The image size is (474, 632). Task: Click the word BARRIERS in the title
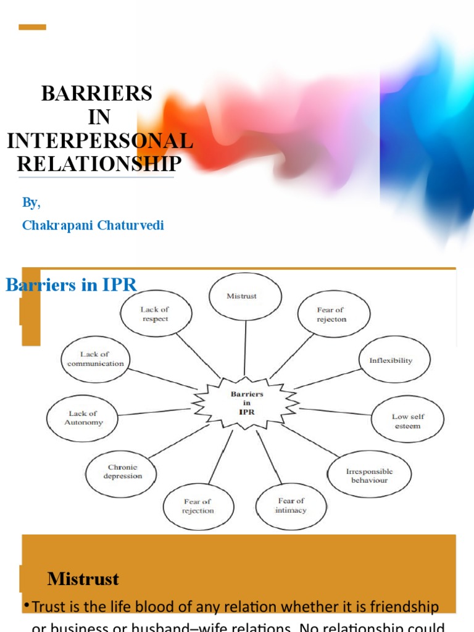(96, 94)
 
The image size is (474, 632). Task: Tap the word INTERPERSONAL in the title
(100, 141)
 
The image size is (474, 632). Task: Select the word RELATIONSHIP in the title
(99, 164)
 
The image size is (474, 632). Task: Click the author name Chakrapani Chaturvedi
(93, 225)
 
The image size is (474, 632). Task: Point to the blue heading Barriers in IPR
(71, 285)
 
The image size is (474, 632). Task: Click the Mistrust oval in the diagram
(245, 296)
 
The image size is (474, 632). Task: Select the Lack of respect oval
(154, 314)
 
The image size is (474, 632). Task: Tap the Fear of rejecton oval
(334, 315)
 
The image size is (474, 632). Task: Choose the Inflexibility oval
(394, 360)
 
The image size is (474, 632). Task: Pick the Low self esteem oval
(408, 421)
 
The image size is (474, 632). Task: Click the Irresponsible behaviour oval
(369, 475)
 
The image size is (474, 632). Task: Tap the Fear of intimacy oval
(291, 505)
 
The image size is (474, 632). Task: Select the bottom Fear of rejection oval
(198, 506)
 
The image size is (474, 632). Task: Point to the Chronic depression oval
(122, 472)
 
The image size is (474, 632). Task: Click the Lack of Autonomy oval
(83, 418)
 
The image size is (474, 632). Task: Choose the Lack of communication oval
(95, 359)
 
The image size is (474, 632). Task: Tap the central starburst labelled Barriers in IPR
(246, 402)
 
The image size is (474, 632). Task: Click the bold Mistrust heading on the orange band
(83, 579)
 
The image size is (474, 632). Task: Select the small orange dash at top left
(32, 27)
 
